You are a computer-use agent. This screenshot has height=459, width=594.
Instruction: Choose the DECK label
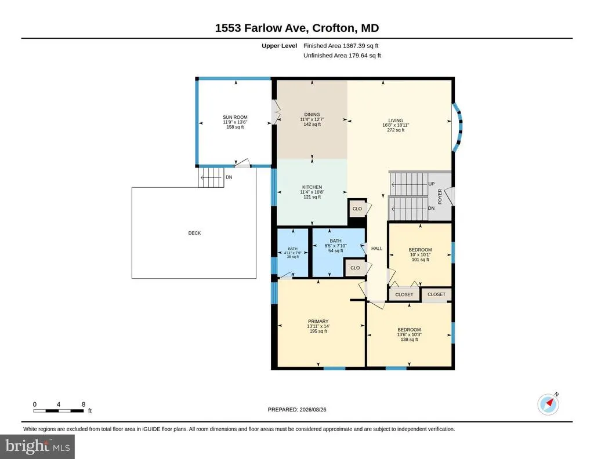pos(194,233)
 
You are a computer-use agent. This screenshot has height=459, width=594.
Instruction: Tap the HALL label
pos(376,249)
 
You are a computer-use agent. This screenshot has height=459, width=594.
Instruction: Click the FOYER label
pos(440,196)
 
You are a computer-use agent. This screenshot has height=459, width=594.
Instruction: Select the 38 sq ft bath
pos(292,253)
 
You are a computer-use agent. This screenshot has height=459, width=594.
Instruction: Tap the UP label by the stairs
pos(432,184)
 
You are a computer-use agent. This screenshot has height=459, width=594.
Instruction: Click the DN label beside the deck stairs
pos(229,177)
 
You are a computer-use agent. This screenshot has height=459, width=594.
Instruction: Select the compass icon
pos(548,404)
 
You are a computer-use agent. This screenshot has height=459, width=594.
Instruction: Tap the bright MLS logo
pos(38,446)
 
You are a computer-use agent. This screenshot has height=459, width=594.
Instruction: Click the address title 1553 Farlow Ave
pos(262,28)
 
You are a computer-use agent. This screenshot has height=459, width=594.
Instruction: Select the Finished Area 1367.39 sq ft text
pos(341,46)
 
